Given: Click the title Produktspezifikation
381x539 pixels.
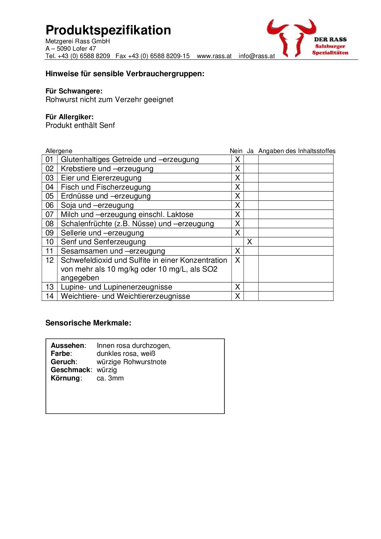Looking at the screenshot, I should (x=108, y=30).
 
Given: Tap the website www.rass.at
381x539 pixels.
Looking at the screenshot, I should (x=214, y=56).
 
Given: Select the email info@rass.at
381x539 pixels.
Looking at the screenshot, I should (x=257, y=56).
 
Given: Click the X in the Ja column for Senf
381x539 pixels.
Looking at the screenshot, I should (x=249, y=242).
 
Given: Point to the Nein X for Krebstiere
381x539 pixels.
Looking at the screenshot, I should (x=237, y=169).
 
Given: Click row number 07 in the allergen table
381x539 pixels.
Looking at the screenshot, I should (x=49, y=214).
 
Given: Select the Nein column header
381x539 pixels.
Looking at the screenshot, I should (x=236, y=151).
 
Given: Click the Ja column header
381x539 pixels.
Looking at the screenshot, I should (x=250, y=151).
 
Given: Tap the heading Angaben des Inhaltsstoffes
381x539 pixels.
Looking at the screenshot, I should (x=297, y=151).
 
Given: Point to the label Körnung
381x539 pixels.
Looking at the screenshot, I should (x=65, y=378).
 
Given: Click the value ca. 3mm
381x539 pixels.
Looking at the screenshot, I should (x=110, y=378).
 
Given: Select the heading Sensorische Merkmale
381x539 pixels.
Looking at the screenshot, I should (x=88, y=323).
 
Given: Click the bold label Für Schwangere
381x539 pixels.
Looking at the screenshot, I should (x=74, y=91).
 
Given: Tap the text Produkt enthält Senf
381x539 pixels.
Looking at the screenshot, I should (x=80, y=125).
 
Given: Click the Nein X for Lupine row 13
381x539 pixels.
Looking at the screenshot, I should (x=237, y=287).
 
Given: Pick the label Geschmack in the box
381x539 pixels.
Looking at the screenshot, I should (x=71, y=370).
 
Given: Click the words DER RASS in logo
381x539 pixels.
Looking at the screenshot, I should (x=330, y=39).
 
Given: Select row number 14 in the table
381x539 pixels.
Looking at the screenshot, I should (x=49, y=296).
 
